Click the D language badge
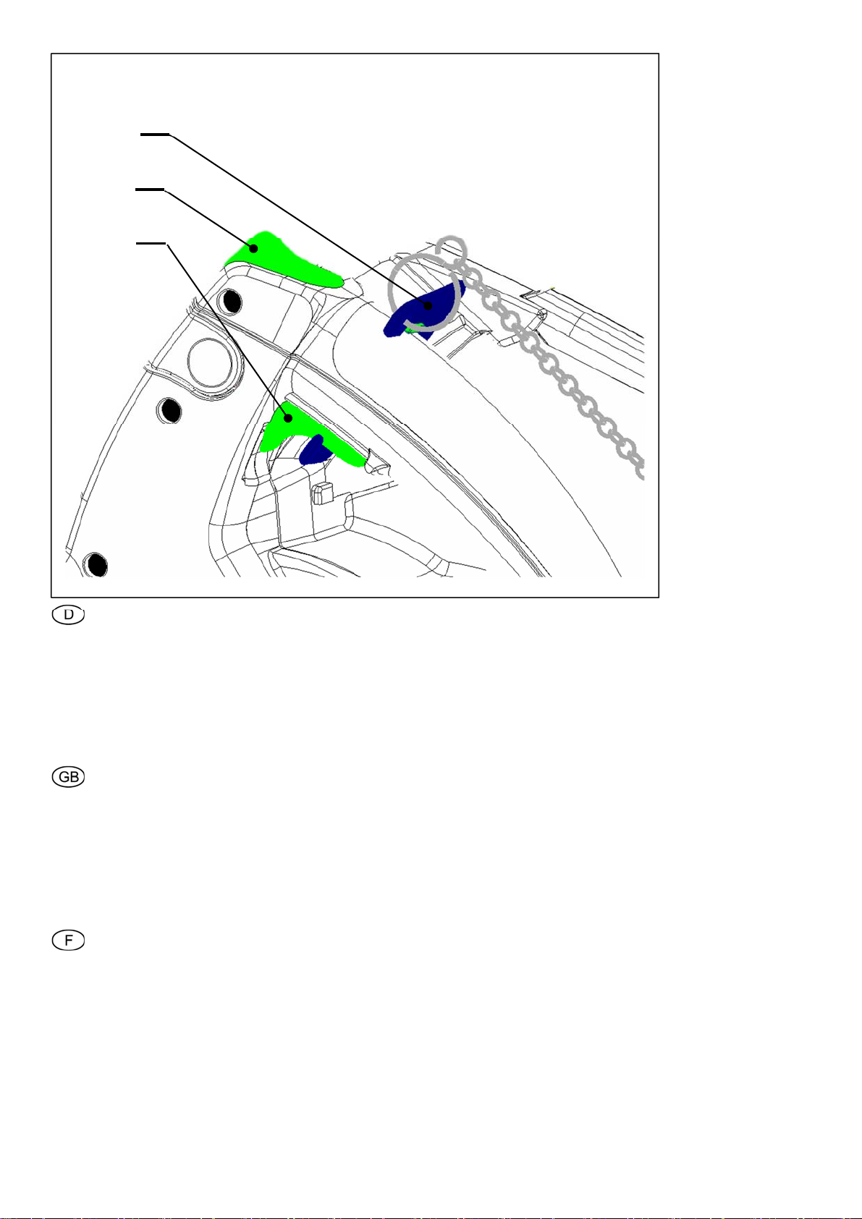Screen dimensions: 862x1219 (68, 615)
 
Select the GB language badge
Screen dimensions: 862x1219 (68, 776)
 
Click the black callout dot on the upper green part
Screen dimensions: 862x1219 (254, 249)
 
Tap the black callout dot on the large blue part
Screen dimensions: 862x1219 (429, 306)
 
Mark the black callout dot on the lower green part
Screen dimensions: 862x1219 (289, 418)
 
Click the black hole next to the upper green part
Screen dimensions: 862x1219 (231, 302)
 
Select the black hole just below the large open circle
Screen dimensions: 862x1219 (170, 410)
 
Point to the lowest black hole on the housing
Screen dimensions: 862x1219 (96, 564)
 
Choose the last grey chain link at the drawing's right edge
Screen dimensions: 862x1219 (639, 469)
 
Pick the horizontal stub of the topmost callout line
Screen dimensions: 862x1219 (155, 134)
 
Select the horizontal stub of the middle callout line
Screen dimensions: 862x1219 (150, 190)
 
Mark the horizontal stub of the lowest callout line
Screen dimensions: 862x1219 (151, 243)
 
